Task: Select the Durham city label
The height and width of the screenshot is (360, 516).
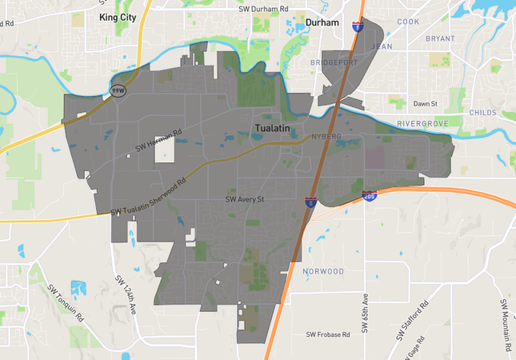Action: [322, 23]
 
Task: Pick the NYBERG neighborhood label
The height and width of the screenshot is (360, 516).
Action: [326, 137]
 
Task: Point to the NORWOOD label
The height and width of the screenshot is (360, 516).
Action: [322, 271]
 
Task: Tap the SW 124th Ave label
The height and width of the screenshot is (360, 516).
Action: [126, 294]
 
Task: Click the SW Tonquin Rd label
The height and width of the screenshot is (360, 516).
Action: [66, 302]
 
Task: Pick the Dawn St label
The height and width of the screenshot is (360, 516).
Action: [425, 104]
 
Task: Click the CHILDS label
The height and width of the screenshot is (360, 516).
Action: [484, 113]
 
